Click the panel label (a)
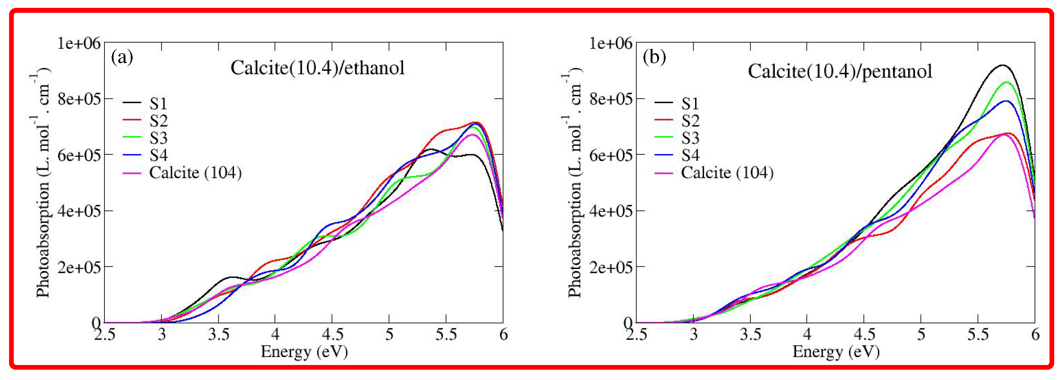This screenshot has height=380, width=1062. (122, 57)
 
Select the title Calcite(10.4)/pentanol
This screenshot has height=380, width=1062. (840, 71)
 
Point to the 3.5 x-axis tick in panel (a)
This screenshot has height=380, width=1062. (219, 334)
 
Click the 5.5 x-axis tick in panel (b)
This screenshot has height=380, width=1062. (978, 334)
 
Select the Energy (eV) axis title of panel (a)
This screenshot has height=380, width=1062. (304, 352)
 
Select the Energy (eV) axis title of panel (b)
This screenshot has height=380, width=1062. (836, 352)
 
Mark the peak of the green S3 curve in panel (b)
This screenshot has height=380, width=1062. (1006, 83)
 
